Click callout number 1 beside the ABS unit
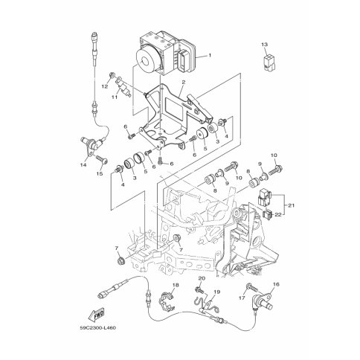click(210, 55)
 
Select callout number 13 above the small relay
click(264, 45)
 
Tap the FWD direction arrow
click(96, 314)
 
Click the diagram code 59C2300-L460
click(97, 328)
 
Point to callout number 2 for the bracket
click(184, 82)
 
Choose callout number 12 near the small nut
click(105, 86)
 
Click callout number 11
click(114, 97)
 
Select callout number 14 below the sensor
click(83, 164)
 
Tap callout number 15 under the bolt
click(100, 173)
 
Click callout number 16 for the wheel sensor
click(276, 284)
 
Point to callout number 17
click(242, 298)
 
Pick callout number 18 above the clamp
click(176, 286)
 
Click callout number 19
click(216, 292)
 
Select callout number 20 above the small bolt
click(202, 278)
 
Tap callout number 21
click(291, 205)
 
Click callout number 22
click(278, 215)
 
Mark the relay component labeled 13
click(269, 63)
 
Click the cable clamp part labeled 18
click(167, 302)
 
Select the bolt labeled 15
click(101, 159)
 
